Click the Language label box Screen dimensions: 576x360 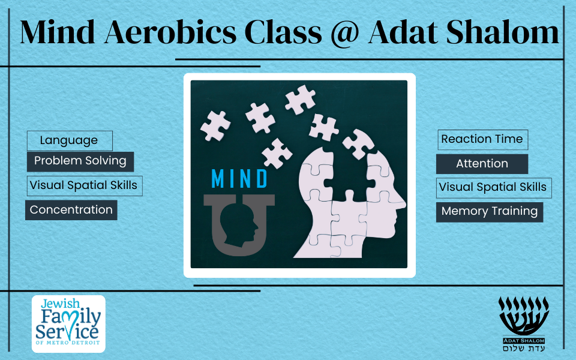pyautogui.click(x=70, y=140)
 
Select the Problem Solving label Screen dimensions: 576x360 pyautogui.click(x=80, y=161)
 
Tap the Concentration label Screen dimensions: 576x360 pyautogui.click(x=71, y=210)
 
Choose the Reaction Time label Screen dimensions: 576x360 pyautogui.click(x=482, y=140)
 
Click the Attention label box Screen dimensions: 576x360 pyautogui.click(x=482, y=164)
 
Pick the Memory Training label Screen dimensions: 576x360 pyautogui.click(x=490, y=212)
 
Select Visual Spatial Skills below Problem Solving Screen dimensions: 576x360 pyautogui.click(x=85, y=186)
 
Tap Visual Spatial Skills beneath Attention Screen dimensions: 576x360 pyautogui.click(x=494, y=188)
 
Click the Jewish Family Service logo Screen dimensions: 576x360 pyautogui.click(x=68, y=323)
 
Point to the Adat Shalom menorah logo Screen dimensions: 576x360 pyautogui.click(x=523, y=323)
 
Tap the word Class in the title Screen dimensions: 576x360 pyautogui.click(x=283, y=32)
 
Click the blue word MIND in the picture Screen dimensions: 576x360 pyautogui.click(x=239, y=179)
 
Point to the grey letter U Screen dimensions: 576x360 pyautogui.click(x=239, y=224)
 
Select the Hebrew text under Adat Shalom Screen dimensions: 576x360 pyautogui.click(x=524, y=348)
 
